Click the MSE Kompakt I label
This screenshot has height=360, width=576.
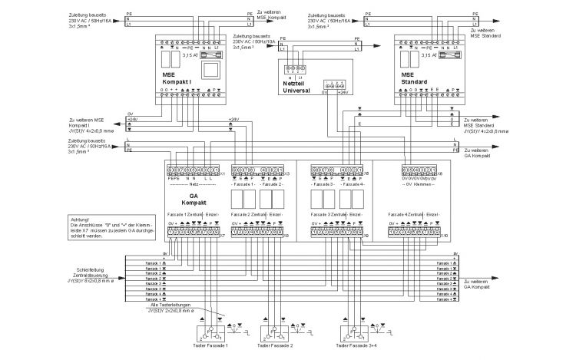(x=179, y=78)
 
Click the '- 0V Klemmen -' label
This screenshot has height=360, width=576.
(x=418, y=185)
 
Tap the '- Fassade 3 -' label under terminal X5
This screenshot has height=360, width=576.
(x=322, y=185)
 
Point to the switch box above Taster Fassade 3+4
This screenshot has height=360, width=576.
(x=354, y=332)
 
